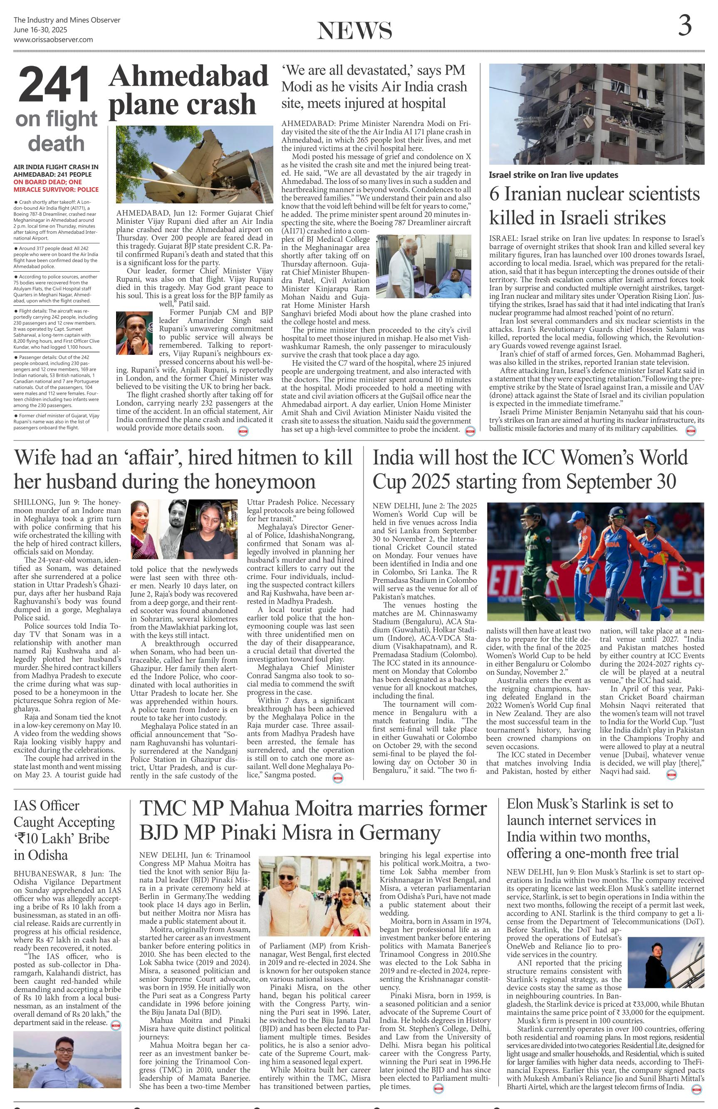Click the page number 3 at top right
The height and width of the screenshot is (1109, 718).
(x=683, y=26)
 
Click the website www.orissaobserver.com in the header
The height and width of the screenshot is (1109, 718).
(x=53, y=40)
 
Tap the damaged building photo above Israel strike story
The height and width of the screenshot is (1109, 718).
(x=597, y=114)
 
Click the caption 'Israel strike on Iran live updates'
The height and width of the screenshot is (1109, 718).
(x=554, y=175)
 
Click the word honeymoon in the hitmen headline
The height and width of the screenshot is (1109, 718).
(x=263, y=481)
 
